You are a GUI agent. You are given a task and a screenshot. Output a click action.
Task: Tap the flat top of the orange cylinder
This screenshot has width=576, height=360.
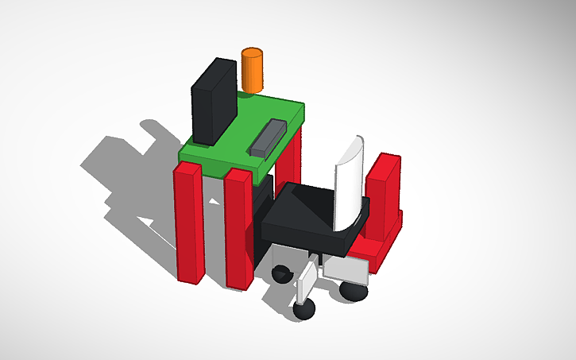coord(252,53)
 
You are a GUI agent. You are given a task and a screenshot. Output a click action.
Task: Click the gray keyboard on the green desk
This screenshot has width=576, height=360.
coord(267,137)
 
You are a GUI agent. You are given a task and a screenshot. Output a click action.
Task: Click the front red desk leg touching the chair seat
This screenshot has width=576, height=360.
coord(239,230)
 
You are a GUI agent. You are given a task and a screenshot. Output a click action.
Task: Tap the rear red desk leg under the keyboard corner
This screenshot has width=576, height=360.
coord(290,159)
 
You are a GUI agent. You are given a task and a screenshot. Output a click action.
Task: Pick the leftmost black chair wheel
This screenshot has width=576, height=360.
coord(282,275)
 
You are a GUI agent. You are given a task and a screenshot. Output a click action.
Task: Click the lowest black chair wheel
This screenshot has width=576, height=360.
coord(304,310)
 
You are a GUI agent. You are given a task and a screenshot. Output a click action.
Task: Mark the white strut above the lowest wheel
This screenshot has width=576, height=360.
coord(306,283)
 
